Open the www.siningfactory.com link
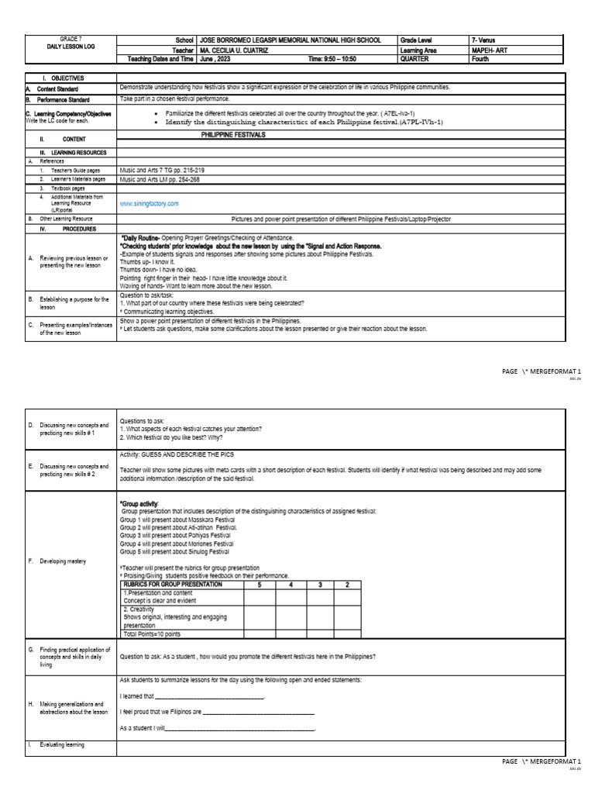(149, 203)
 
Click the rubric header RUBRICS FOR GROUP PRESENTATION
(172, 584)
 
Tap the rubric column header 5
(260, 584)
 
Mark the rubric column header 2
(346, 584)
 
